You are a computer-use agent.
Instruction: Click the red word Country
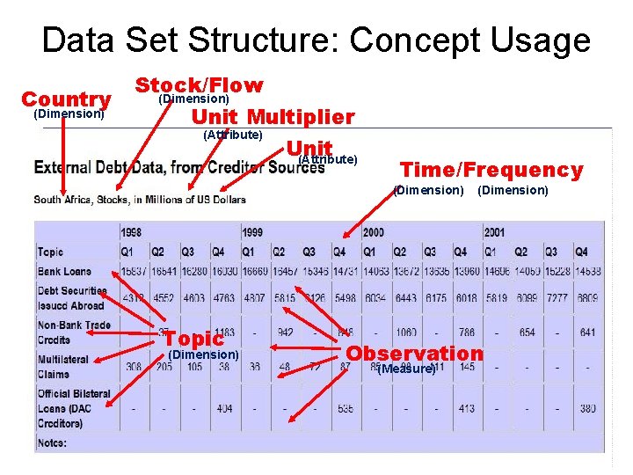click(x=66, y=99)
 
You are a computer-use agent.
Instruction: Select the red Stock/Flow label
click(x=199, y=85)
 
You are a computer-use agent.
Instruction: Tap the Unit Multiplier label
click(x=273, y=117)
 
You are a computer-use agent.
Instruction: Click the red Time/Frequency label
click(x=491, y=170)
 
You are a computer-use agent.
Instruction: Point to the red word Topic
click(x=193, y=339)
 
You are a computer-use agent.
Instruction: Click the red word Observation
click(x=414, y=353)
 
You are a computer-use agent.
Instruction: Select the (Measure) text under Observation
click(x=405, y=369)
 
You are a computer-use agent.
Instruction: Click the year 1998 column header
click(x=132, y=233)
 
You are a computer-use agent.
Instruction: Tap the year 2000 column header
click(x=375, y=233)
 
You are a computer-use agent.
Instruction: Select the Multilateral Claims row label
click(x=63, y=366)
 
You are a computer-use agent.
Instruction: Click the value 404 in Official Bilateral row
click(x=224, y=408)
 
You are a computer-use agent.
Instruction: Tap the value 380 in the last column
click(x=587, y=408)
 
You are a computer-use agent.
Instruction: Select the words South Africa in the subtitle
click(x=64, y=200)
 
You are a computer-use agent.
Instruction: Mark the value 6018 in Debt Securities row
click(x=466, y=298)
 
